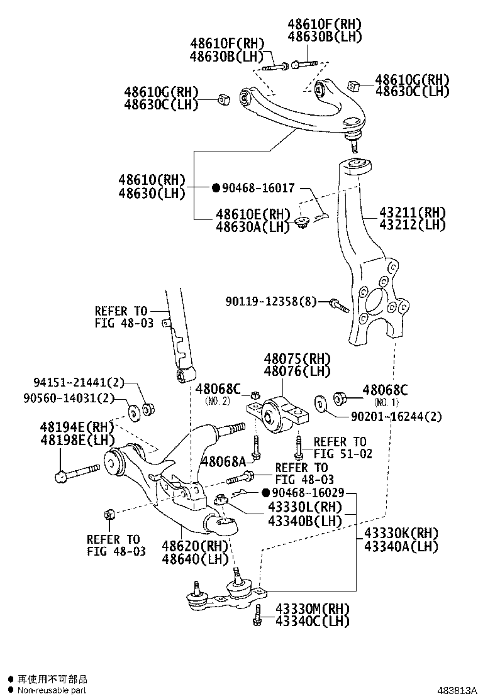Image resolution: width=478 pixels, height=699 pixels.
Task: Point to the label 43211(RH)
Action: [412, 212]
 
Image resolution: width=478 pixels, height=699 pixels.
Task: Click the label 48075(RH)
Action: [297, 359]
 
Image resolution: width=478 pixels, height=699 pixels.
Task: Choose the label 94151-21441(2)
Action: [79, 382]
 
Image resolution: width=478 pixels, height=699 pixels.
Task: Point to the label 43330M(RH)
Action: [312, 608]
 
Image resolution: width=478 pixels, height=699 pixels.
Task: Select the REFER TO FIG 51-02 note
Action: [339, 448]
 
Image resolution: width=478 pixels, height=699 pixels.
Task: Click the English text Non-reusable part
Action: [51, 690]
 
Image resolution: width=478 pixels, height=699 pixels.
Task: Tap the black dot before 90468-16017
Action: [215, 188]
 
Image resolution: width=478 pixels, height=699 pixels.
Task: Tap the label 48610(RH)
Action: [152, 180]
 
